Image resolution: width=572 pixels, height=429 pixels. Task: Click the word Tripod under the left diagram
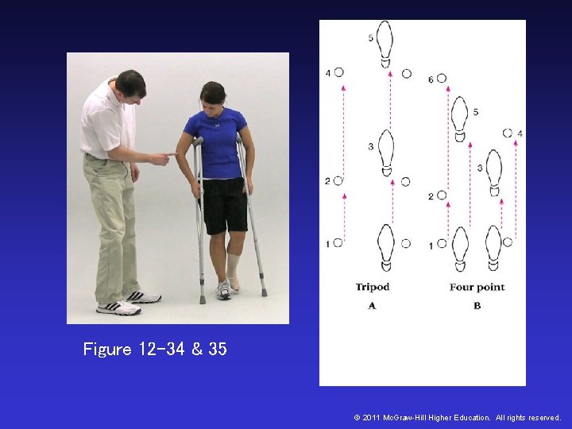[x=372, y=287]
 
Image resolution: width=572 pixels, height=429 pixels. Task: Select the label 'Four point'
[x=477, y=287]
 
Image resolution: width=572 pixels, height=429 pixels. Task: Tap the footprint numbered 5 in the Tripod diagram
[x=385, y=43]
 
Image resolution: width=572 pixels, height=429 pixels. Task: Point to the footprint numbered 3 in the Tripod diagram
[x=385, y=152]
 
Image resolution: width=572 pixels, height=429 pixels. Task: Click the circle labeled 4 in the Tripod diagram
[x=339, y=72]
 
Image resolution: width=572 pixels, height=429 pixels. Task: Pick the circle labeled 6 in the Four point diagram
[x=442, y=79]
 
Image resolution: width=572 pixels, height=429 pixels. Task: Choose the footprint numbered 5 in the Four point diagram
[x=459, y=118]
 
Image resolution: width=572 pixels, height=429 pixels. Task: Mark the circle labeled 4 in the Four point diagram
[x=508, y=133]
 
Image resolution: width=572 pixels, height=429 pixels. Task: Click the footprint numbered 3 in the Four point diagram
[x=493, y=172]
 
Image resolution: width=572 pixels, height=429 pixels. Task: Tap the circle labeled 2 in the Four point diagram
[x=442, y=195]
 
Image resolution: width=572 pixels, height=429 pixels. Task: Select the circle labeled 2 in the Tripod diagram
[x=338, y=181]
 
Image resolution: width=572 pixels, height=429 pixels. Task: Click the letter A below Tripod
[x=372, y=305]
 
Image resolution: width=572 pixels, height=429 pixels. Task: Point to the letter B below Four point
[x=477, y=305]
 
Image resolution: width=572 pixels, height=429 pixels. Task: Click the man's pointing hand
[x=162, y=157]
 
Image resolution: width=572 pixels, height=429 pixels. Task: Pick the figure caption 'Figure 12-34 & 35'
[x=155, y=350]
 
